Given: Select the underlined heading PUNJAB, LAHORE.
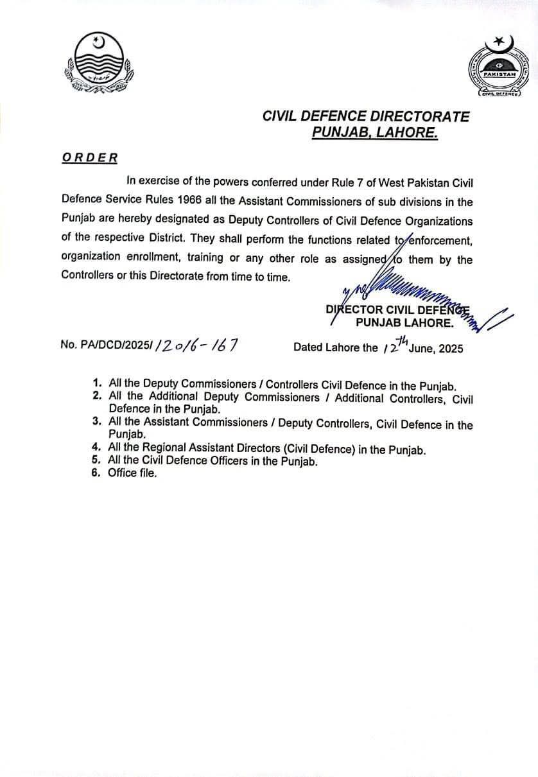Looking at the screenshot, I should (x=375, y=133).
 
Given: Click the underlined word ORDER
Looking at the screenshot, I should (x=90, y=158).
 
